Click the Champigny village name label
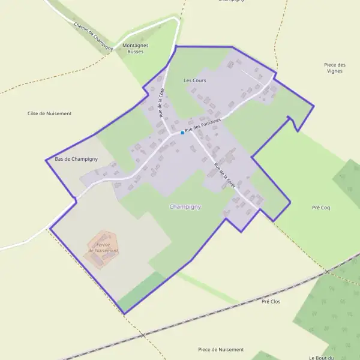(185, 206)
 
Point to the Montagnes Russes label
(135, 48)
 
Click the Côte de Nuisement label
(49, 113)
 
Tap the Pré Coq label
(321, 208)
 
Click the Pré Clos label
(271, 301)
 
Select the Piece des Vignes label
(334, 68)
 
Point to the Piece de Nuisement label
(221, 349)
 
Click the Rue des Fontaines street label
(203, 125)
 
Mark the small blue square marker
(182, 133)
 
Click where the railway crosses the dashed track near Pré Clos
(328, 272)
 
